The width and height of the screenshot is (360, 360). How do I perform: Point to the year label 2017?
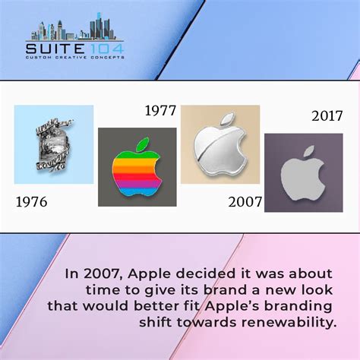click(x=327, y=116)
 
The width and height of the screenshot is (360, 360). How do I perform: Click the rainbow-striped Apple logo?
click(x=137, y=172)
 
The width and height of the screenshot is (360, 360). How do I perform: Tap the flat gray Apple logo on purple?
click(x=303, y=175)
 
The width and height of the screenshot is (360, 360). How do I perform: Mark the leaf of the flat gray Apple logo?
click(x=308, y=152)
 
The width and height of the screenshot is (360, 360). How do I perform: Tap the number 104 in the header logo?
click(x=106, y=49)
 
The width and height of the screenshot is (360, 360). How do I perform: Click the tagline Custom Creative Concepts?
click(x=77, y=58)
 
